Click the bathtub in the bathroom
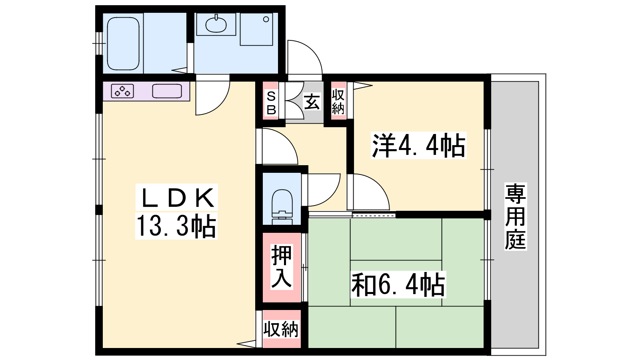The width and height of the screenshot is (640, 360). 123,44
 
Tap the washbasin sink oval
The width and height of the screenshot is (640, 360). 216,24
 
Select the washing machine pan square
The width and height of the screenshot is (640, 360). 256,29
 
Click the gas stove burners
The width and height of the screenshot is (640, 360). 122,91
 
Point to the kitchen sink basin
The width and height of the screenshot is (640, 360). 167,91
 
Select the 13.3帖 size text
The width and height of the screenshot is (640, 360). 176,226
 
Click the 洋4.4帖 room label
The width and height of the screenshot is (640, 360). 418,146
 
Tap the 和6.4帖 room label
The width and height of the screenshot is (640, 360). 398,284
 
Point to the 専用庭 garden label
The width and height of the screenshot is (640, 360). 516,216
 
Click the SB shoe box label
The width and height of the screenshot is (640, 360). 271,103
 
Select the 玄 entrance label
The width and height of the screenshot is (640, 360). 312,102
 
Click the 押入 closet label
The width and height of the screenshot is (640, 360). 282,266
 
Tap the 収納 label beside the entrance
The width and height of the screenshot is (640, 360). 338,102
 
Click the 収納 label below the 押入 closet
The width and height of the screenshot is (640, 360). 281,329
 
